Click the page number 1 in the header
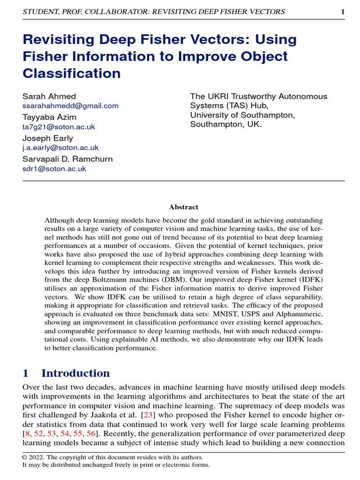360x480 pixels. (x=343, y=12)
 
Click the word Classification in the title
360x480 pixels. (x=72, y=74)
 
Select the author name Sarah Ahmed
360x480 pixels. (x=49, y=97)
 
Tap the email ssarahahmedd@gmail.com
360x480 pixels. (x=70, y=106)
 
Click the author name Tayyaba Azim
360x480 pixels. (x=49, y=117)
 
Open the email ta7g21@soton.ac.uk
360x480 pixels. (x=59, y=127)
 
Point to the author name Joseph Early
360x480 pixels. (x=48, y=138)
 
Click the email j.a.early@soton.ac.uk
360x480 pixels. (x=60, y=148)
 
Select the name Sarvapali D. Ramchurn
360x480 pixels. (x=67, y=159)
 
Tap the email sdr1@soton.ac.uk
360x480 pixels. (x=54, y=169)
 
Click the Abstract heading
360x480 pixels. (x=183, y=207)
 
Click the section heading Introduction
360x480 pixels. (x=75, y=374)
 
